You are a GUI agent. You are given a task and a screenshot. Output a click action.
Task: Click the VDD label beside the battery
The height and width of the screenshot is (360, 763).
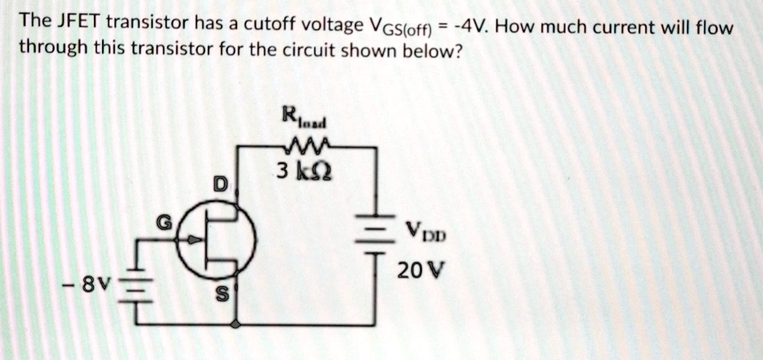point(426,233)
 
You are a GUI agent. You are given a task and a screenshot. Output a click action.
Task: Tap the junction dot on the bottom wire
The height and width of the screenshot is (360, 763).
point(236,325)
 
